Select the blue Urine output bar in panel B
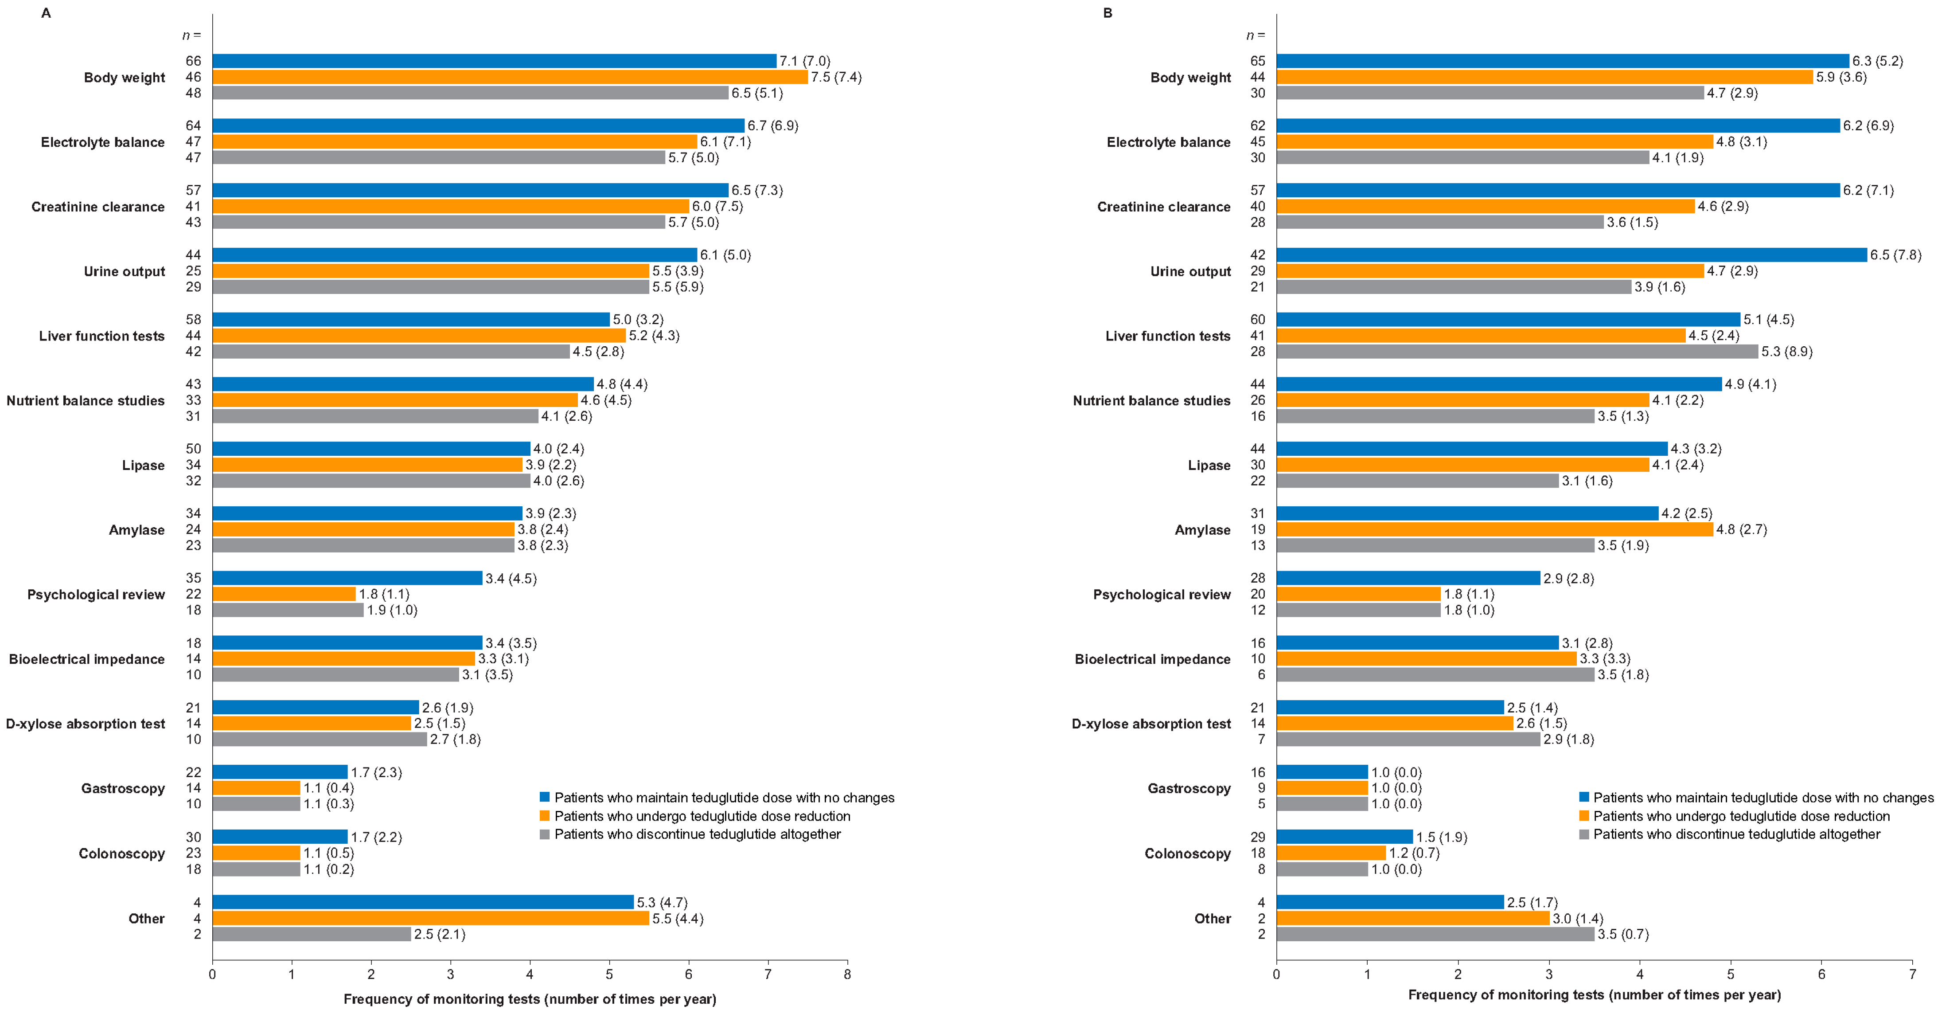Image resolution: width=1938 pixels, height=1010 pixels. tap(1571, 254)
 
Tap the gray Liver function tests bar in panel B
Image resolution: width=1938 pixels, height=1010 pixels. tap(1517, 352)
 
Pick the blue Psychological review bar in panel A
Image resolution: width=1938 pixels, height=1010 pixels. tap(347, 578)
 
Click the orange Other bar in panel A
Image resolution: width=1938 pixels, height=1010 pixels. tap(430, 918)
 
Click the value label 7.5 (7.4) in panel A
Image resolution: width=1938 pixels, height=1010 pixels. tap(836, 77)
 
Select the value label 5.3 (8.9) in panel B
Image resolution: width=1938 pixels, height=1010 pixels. tap(1786, 352)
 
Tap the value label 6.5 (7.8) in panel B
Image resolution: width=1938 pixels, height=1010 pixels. tap(1895, 254)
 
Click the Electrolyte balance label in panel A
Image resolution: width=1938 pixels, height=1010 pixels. tap(102, 142)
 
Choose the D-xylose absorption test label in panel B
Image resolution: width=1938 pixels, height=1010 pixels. tap(1151, 724)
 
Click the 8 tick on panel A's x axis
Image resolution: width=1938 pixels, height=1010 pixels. tap(847, 974)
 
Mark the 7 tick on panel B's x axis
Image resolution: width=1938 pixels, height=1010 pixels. tap(1912, 974)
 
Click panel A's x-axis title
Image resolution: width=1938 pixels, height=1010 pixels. tap(530, 999)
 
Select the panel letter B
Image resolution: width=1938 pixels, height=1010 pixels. tap(1107, 13)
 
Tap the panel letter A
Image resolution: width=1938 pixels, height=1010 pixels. tap(46, 13)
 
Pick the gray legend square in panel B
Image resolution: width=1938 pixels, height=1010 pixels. tap(1583, 834)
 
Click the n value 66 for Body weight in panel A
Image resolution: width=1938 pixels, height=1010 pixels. tap(193, 61)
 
